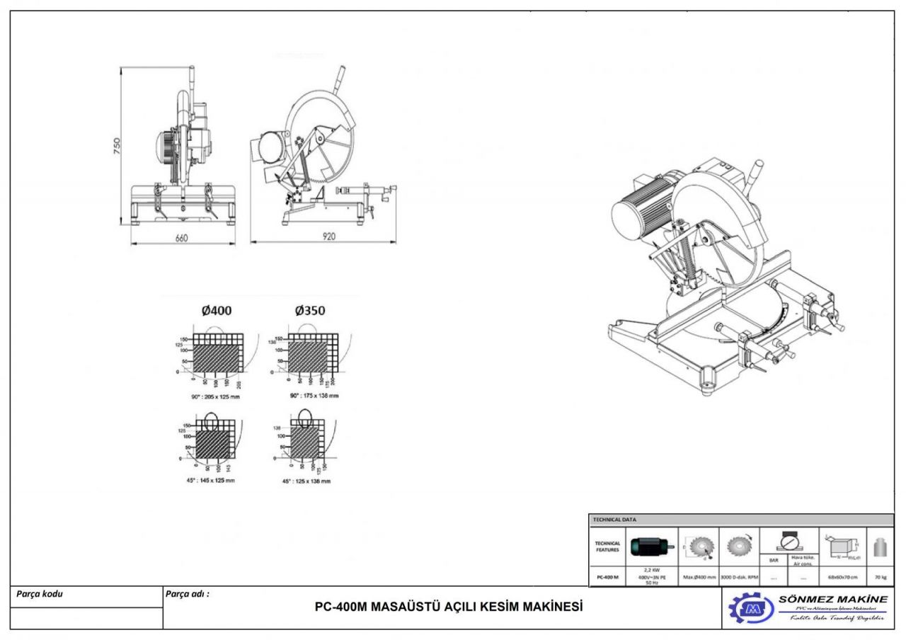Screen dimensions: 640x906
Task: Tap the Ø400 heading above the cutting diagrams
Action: point(217,311)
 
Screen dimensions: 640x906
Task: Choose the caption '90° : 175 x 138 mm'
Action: point(314,395)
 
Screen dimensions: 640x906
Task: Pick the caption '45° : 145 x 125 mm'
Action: point(213,480)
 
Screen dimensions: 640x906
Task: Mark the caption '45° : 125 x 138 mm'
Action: point(306,481)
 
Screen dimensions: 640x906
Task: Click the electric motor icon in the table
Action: point(652,547)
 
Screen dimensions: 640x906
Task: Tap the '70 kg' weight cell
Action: point(880,576)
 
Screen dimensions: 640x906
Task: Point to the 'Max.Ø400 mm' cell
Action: point(699,576)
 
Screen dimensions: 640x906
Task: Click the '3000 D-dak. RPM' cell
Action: point(739,576)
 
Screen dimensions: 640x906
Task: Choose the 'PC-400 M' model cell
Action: point(607,576)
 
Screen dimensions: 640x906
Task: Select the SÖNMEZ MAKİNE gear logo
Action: point(751,608)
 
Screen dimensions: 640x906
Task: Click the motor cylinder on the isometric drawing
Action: point(637,209)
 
